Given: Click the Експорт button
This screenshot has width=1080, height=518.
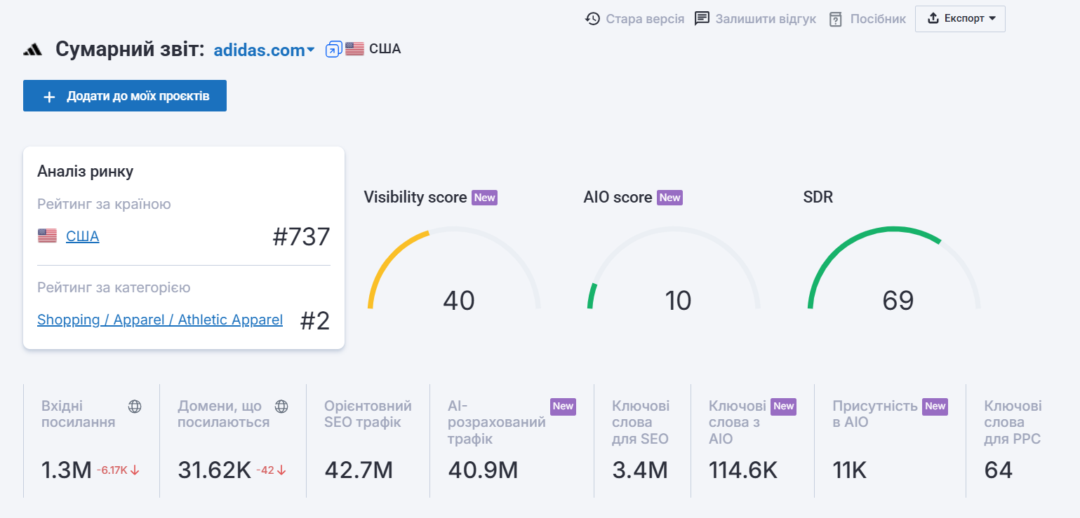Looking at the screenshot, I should point(960,19).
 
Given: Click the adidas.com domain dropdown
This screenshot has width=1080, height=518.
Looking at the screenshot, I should point(264,50).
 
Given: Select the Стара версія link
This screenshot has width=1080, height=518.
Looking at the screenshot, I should point(635,19).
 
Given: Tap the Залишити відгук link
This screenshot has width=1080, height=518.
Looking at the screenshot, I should point(755,19).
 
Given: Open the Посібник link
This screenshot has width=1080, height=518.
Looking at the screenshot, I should point(867,19).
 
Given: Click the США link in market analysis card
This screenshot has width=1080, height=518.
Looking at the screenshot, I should point(82,236).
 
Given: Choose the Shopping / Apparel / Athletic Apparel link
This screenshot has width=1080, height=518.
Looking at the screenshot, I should point(160,320).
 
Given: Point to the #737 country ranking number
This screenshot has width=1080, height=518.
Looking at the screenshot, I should point(301,237).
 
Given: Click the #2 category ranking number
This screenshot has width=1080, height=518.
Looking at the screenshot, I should point(315,320).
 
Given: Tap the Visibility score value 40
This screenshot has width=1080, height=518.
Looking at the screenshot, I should point(459,301).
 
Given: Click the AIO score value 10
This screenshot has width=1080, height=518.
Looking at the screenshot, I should point(678,301).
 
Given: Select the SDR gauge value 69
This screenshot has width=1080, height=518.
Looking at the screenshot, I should point(898,301).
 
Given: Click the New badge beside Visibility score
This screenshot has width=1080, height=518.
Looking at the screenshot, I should point(484,198).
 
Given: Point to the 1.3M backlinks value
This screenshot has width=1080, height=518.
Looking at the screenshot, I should point(67,470).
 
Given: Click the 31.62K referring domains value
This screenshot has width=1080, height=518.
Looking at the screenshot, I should point(214,470).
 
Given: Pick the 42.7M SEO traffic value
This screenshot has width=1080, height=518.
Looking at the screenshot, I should point(358,470).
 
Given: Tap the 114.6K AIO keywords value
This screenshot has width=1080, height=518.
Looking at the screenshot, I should point(743,470).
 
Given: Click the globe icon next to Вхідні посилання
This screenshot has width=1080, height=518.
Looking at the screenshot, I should point(135,407).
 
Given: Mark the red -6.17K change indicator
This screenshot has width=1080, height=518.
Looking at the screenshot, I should point(118,470).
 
